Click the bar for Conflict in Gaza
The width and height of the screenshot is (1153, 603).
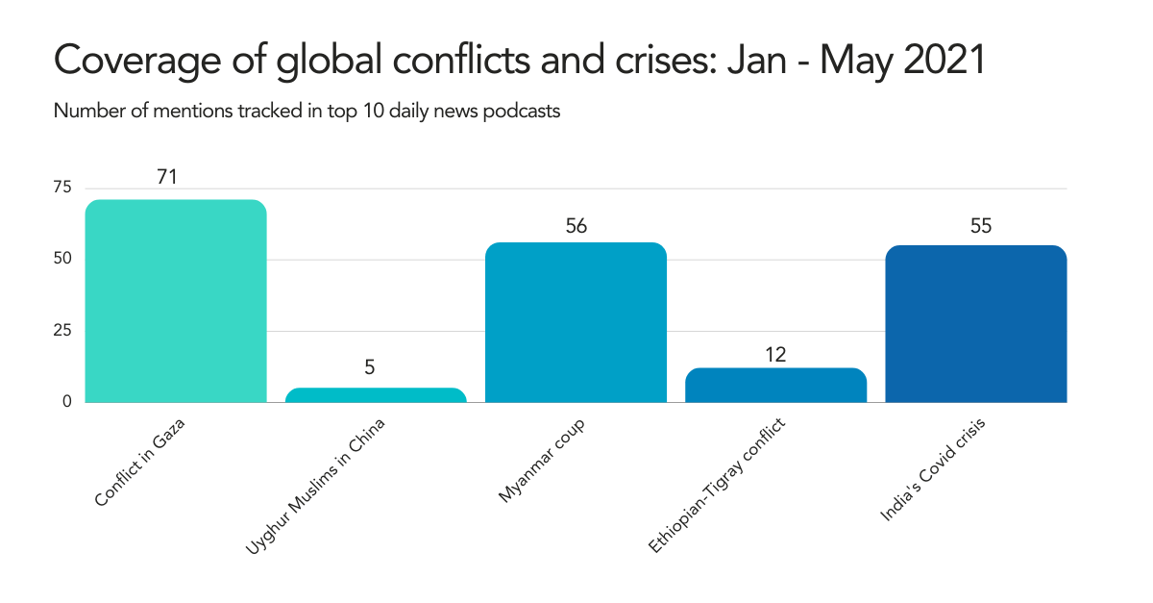tap(176, 301)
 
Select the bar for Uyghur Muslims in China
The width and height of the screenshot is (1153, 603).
tap(376, 395)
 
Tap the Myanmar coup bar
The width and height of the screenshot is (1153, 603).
tap(576, 322)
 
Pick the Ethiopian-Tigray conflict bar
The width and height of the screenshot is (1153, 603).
tap(775, 385)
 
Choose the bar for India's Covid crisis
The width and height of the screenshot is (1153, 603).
tap(975, 324)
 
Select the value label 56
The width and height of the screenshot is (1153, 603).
tap(576, 226)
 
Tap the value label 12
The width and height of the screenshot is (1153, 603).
tap(775, 354)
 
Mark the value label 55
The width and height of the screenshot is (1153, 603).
tap(980, 226)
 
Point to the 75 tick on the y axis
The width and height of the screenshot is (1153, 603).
tap(61, 188)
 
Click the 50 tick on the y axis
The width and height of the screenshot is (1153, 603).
tap(61, 259)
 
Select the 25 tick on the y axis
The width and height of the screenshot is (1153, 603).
tap(61, 330)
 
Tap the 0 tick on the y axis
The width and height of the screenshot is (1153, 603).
tap(67, 401)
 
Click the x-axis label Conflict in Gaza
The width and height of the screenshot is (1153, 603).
tap(139, 463)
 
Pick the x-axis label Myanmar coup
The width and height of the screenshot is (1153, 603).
tap(541, 461)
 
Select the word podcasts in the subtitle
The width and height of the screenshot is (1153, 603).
tap(525, 111)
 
